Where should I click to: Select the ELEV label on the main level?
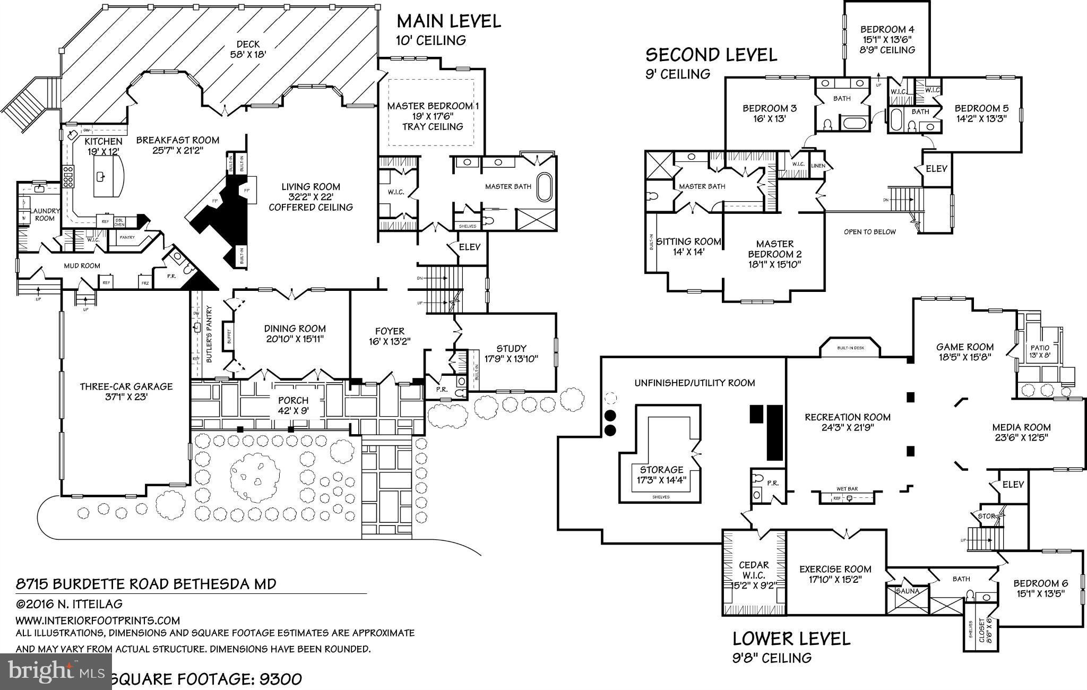coord(469,247)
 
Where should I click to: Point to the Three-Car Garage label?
coord(126,391)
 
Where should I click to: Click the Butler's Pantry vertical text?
coord(209,334)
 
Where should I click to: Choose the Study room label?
coord(511,353)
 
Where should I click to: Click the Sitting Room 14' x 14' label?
coord(688,246)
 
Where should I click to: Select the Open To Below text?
coord(869,231)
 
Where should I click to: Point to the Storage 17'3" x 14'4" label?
coord(661,475)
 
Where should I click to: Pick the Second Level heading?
coord(711,55)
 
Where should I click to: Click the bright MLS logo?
coord(56,671)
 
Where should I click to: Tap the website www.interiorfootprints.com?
coord(98,620)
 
